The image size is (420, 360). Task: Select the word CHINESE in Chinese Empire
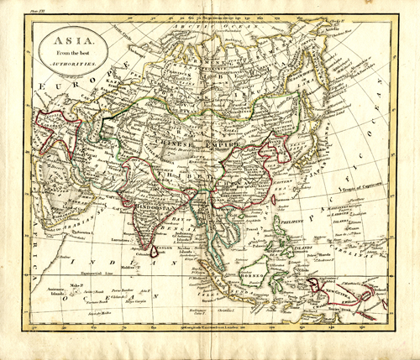(x=195, y=143)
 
